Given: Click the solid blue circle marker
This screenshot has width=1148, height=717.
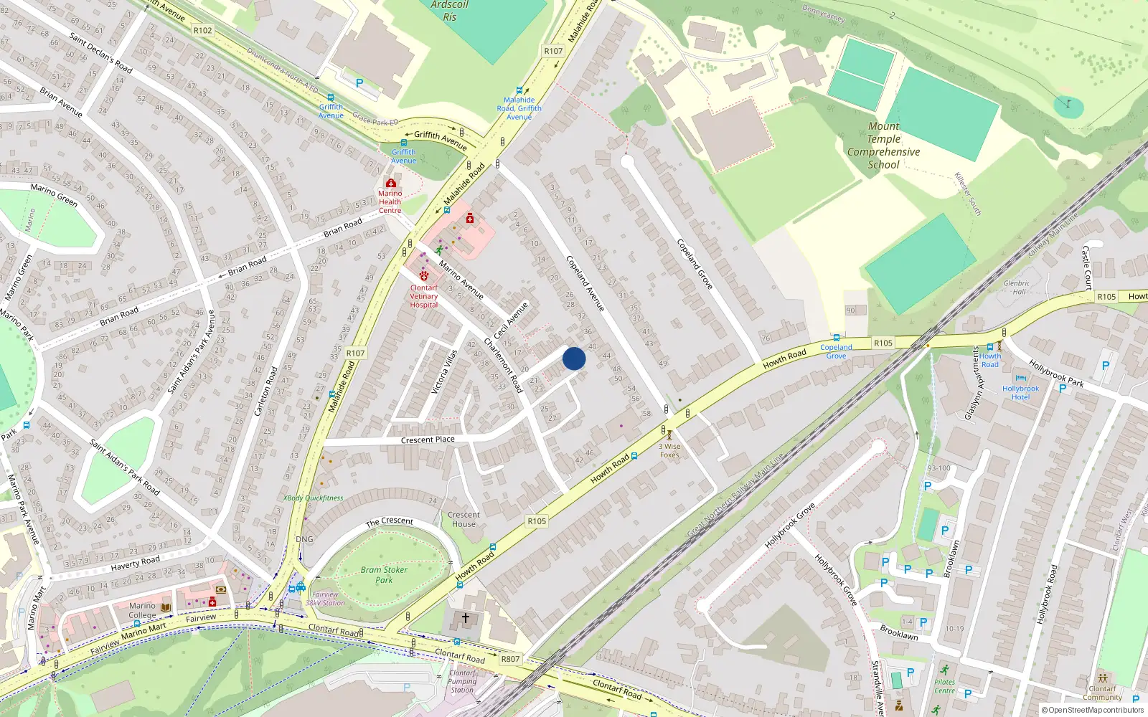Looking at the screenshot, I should (x=574, y=358).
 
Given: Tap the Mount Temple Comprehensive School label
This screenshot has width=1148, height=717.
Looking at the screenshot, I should (x=883, y=146).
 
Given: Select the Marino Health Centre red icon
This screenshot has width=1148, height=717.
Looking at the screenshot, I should (x=391, y=184).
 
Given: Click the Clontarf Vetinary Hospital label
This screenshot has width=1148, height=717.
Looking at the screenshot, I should (x=424, y=296).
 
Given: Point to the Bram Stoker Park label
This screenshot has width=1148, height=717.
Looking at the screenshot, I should (x=384, y=574).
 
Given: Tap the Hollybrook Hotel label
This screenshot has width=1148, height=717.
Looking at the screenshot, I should (x=1020, y=392).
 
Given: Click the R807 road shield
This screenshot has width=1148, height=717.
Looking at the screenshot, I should (x=510, y=659).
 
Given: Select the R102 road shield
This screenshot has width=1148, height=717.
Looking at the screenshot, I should (x=203, y=30).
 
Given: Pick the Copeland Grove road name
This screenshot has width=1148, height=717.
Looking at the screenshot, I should (x=695, y=264).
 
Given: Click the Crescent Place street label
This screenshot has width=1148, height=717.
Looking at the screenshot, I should (x=428, y=440).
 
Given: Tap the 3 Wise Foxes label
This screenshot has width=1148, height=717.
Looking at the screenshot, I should (x=669, y=450).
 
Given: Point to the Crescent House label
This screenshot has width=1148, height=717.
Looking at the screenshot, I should (x=464, y=519).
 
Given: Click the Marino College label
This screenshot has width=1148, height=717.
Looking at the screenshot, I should (x=142, y=610).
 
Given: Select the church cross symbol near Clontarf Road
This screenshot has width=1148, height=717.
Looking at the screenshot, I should (x=465, y=617).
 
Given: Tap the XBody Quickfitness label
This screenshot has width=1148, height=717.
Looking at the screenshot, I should (x=313, y=498).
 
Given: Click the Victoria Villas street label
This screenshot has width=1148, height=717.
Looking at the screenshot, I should (x=443, y=372).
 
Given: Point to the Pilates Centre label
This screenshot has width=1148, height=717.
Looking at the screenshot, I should (x=944, y=686).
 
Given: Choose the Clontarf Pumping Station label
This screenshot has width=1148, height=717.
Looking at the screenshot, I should (x=462, y=681).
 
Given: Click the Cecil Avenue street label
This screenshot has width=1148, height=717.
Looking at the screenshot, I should (x=511, y=320).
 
